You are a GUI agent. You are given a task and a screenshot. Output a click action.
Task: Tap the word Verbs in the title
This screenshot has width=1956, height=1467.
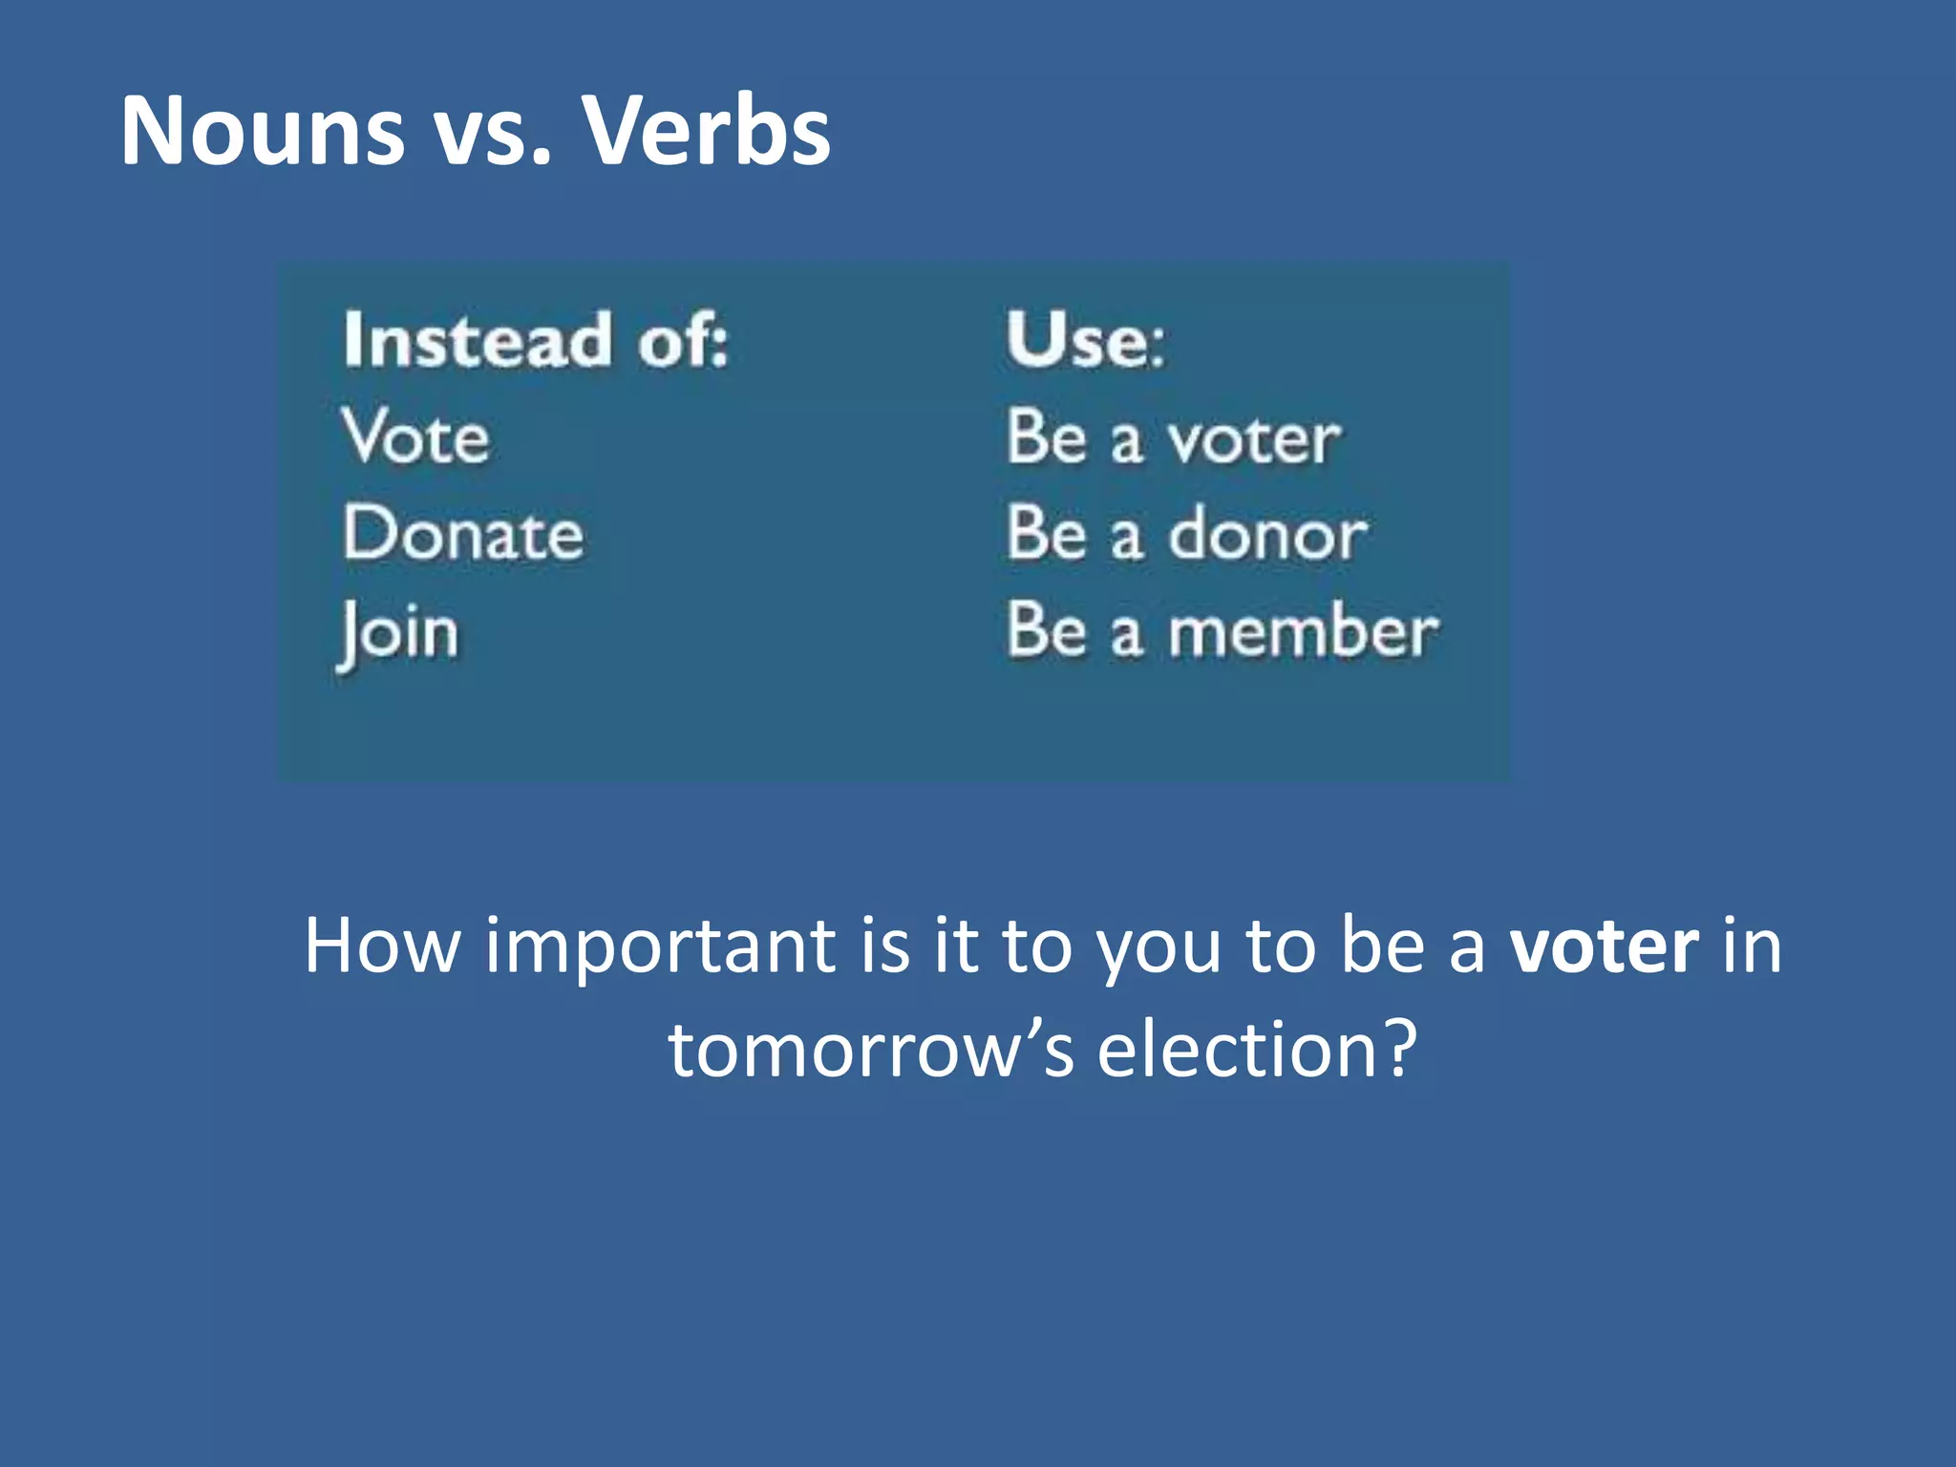pos(707,131)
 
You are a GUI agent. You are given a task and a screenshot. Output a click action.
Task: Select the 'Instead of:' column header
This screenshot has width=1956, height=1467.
pos(535,340)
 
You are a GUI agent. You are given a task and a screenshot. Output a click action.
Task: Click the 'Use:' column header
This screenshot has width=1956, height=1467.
pos(1085,340)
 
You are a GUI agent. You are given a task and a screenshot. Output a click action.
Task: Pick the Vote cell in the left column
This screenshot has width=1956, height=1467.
pos(415,437)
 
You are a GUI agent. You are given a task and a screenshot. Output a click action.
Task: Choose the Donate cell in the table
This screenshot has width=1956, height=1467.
pos(463,533)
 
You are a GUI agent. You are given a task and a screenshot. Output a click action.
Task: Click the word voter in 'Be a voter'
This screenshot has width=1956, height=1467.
pos(1254,440)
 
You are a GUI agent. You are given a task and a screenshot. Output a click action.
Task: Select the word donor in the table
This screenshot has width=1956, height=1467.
pos(1268,535)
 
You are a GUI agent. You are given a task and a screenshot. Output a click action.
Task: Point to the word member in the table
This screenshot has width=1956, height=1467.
pos(1303,632)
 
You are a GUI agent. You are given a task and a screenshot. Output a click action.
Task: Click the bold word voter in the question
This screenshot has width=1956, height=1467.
pos(1604,946)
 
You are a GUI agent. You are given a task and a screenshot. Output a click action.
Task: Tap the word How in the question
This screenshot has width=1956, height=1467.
pos(382,946)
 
